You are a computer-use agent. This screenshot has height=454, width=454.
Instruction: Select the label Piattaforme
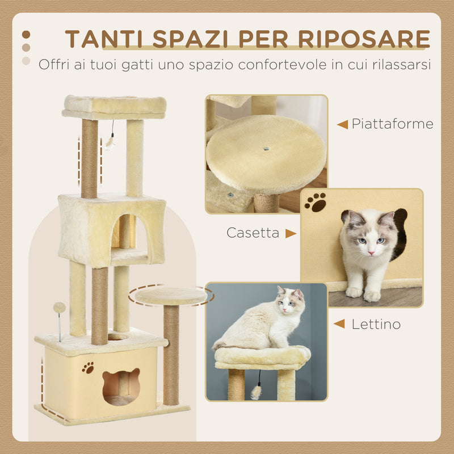[392, 124]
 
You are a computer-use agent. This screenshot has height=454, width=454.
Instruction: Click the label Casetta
[253, 233]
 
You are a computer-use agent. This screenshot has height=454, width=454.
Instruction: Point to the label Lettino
[376, 324]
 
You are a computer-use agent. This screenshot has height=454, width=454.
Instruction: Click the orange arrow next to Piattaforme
[342, 124]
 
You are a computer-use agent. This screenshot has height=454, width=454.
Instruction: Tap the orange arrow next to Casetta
[291, 233]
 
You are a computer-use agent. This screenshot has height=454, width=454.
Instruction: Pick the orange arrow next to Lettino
[339, 324]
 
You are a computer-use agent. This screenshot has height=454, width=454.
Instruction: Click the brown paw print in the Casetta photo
[315, 202]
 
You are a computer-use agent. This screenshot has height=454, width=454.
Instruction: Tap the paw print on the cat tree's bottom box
[88, 368]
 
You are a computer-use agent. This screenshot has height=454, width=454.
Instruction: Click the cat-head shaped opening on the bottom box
[120, 385]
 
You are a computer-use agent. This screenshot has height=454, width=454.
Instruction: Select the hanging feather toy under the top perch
[111, 142]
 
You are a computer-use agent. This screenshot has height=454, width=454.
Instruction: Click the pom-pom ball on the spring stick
[59, 308]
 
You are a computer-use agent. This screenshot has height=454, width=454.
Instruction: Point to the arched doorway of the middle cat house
[123, 233]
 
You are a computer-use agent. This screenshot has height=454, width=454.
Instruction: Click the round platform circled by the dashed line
[171, 296]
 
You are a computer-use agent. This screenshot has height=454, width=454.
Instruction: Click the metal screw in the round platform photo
[266, 149]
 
